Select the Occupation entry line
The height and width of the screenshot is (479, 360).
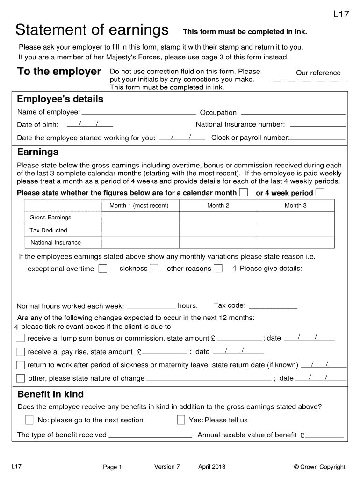click(293, 113)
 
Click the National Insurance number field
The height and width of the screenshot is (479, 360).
click(318, 125)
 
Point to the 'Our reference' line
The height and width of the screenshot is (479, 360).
click(310, 80)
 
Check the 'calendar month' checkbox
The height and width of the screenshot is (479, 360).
click(244, 193)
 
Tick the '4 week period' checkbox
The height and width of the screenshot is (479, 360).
click(320, 193)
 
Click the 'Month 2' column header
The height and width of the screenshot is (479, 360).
click(218, 206)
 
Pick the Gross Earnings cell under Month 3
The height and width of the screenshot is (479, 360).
click(295, 218)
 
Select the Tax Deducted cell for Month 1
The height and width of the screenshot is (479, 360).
click(140, 230)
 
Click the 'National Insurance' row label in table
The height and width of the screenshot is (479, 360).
click(56, 242)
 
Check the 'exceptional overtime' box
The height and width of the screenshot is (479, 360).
click(103, 269)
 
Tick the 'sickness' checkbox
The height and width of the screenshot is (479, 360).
click(154, 269)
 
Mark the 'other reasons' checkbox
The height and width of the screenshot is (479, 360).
click(218, 269)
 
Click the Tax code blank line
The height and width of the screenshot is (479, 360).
click(273, 307)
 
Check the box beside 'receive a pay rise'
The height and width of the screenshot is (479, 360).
click(20, 352)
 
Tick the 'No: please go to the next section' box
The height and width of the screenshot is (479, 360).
click(29, 420)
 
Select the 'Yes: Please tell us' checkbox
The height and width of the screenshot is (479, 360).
click(181, 420)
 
